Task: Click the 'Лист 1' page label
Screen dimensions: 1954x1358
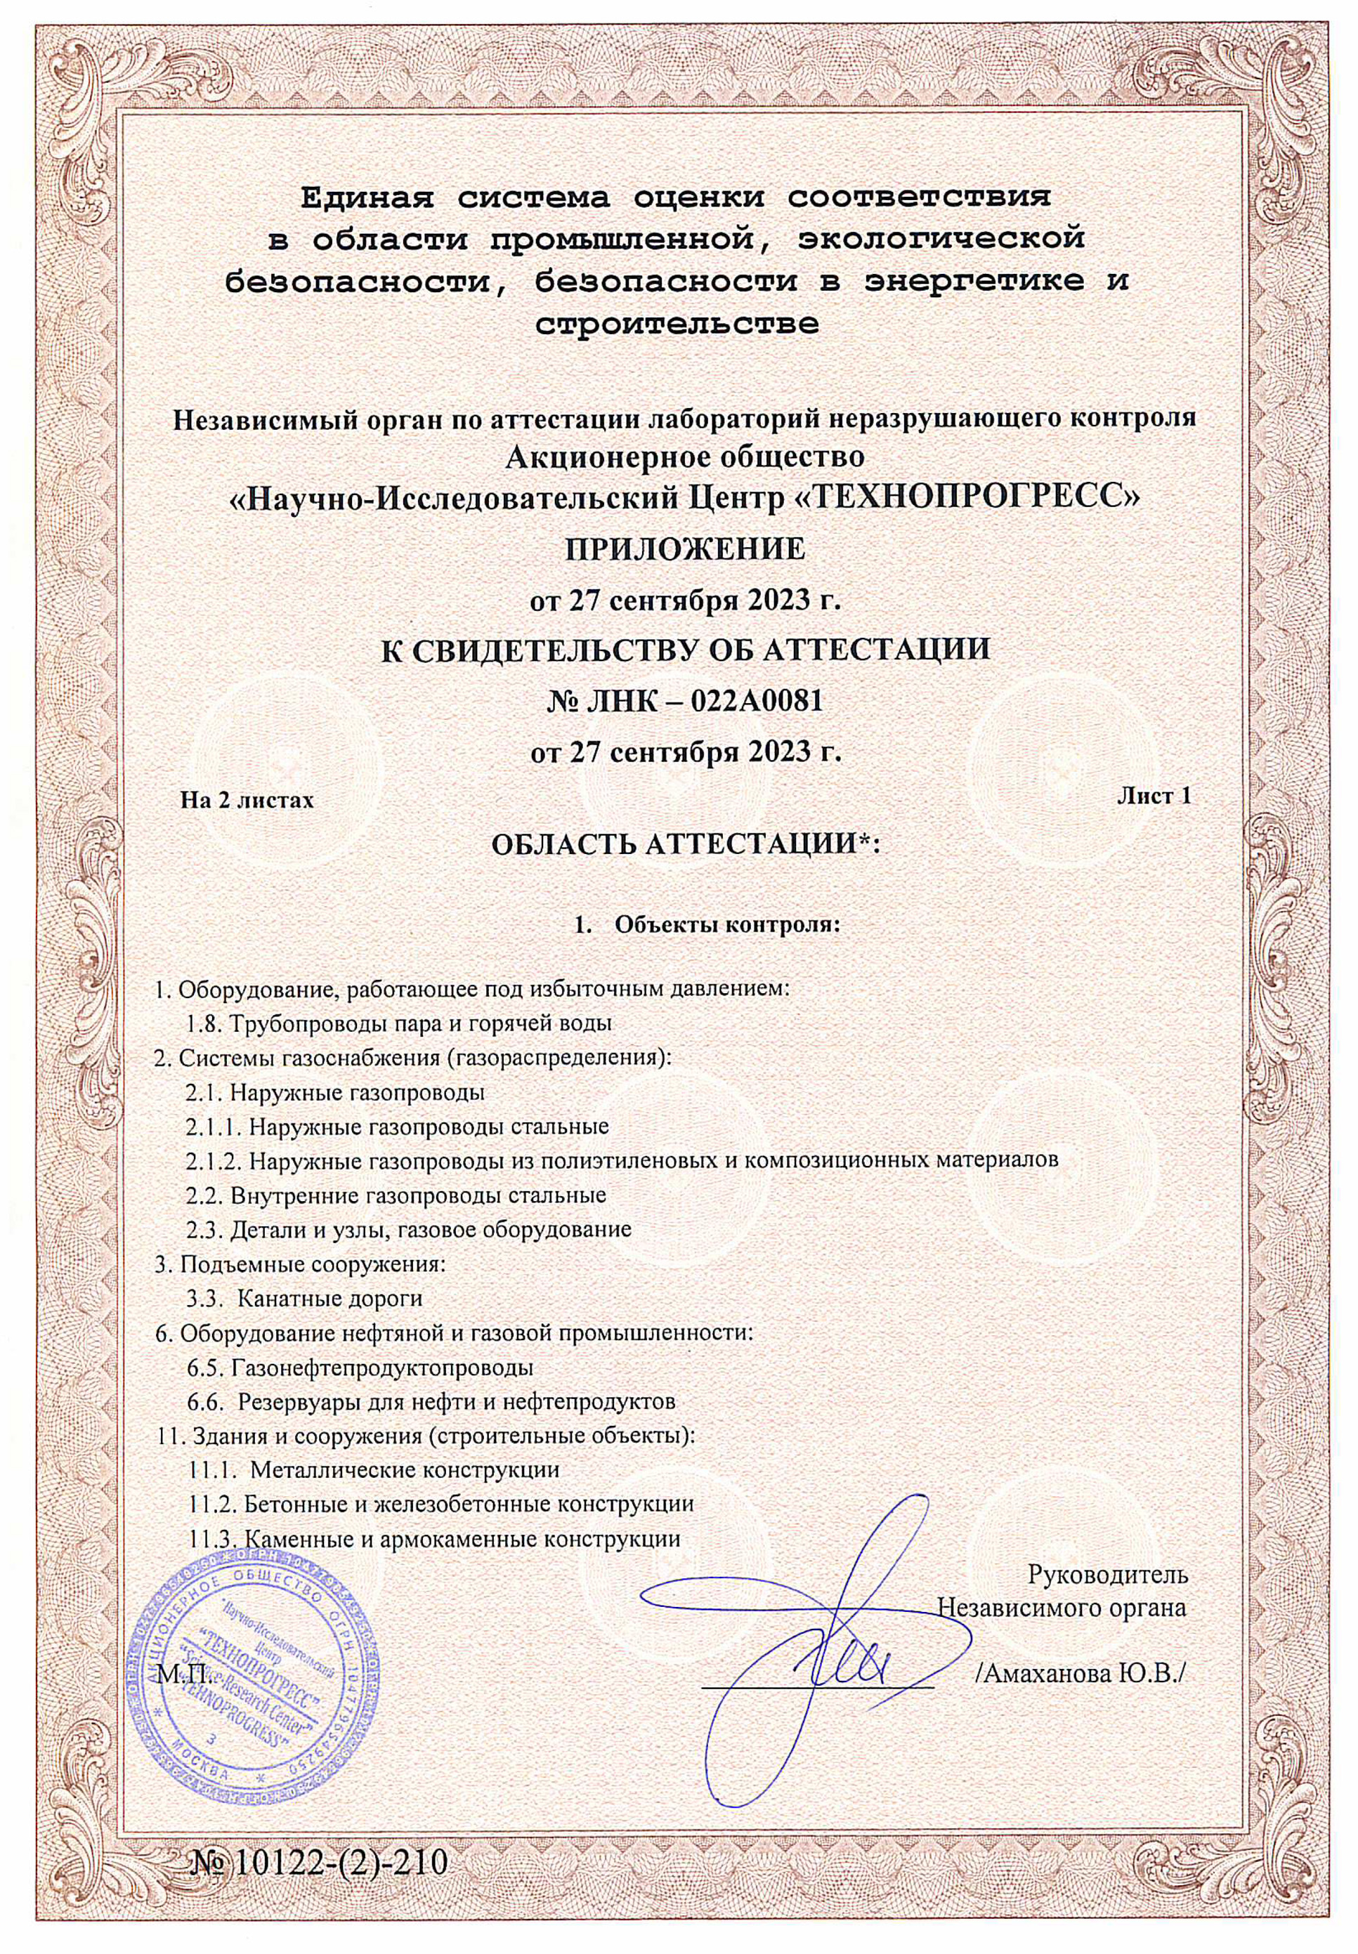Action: coord(1153,796)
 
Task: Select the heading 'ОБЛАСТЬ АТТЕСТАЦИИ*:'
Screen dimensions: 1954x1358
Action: coord(685,846)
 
